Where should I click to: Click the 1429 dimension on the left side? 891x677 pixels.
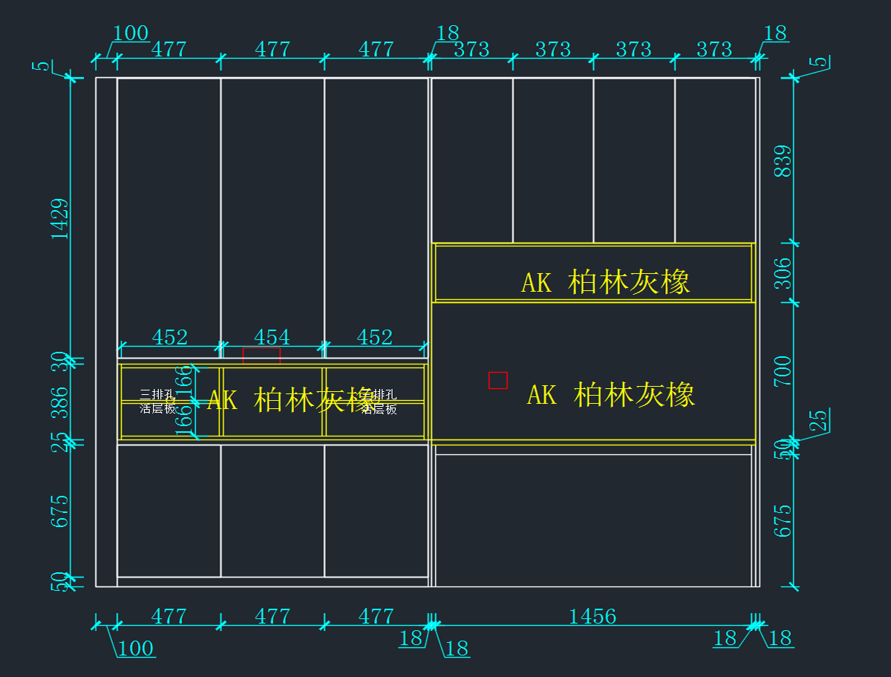(x=59, y=218)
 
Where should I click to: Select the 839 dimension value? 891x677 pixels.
(x=783, y=160)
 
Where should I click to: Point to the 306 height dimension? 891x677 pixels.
(x=783, y=272)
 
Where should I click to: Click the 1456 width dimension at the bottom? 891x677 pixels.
(x=592, y=616)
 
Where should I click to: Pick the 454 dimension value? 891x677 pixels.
(x=272, y=337)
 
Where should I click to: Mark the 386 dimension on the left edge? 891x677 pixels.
(x=59, y=402)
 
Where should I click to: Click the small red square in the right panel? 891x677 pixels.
(x=497, y=380)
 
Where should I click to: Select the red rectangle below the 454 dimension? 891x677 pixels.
(x=261, y=355)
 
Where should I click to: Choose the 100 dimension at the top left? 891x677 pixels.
(x=131, y=33)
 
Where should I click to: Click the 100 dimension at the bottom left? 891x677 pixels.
(x=136, y=649)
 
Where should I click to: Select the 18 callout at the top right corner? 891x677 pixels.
(x=774, y=33)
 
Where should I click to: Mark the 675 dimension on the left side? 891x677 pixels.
(x=59, y=511)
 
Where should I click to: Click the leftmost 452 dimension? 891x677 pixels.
(x=169, y=337)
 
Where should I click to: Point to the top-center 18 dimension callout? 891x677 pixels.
(x=448, y=33)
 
